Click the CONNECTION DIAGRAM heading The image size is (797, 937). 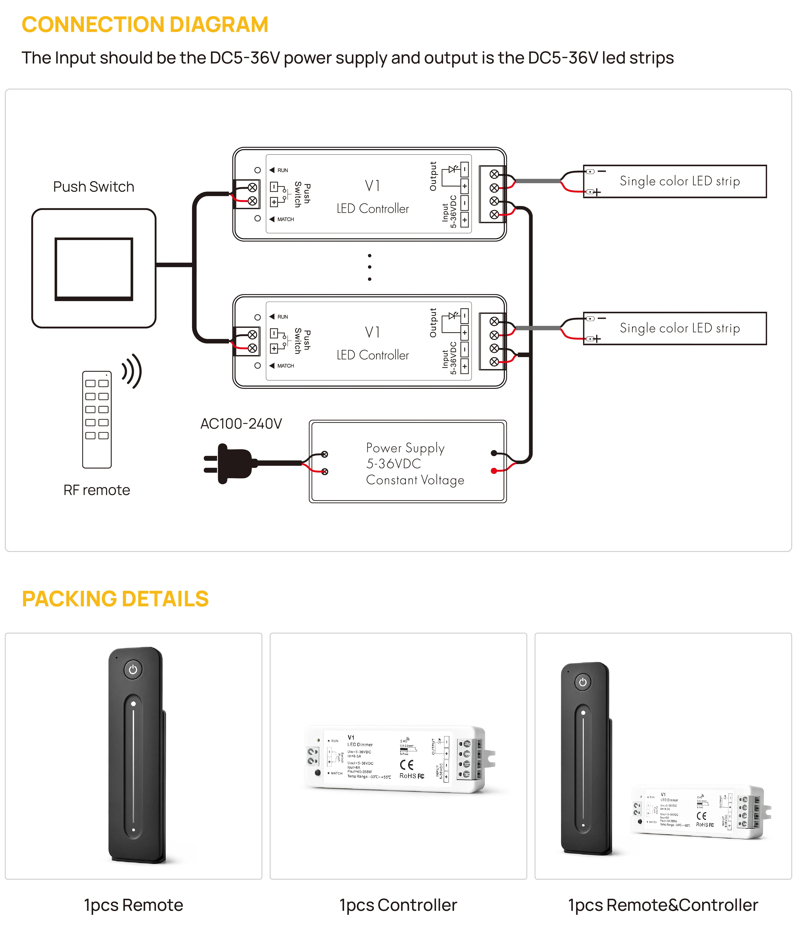145,25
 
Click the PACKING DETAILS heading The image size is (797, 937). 115,599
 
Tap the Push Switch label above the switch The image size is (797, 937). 94,187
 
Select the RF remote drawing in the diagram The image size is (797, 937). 97,419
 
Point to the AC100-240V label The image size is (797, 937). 241,424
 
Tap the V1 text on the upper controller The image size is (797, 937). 372,186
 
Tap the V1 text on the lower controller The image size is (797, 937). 372,333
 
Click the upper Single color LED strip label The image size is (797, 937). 680,181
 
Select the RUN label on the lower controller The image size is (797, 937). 282,317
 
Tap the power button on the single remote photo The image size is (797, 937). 133,670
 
